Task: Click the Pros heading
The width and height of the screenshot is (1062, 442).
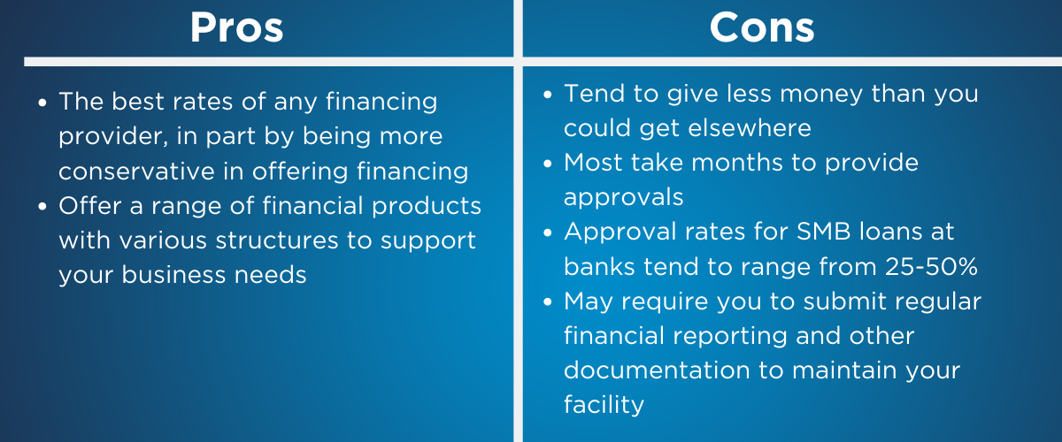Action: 236,27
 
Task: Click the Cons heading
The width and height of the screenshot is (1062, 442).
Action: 762,27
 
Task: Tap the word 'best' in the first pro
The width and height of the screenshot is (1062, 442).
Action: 137,102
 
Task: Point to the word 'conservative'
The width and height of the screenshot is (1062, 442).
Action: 136,171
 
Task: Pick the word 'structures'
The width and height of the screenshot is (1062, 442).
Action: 277,240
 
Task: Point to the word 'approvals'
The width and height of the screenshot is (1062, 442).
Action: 623,197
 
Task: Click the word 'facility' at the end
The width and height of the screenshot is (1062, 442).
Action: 604,405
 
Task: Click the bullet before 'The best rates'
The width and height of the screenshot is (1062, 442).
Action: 42,103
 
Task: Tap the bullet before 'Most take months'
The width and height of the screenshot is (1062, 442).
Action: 548,164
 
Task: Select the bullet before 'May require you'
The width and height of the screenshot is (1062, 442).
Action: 548,301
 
